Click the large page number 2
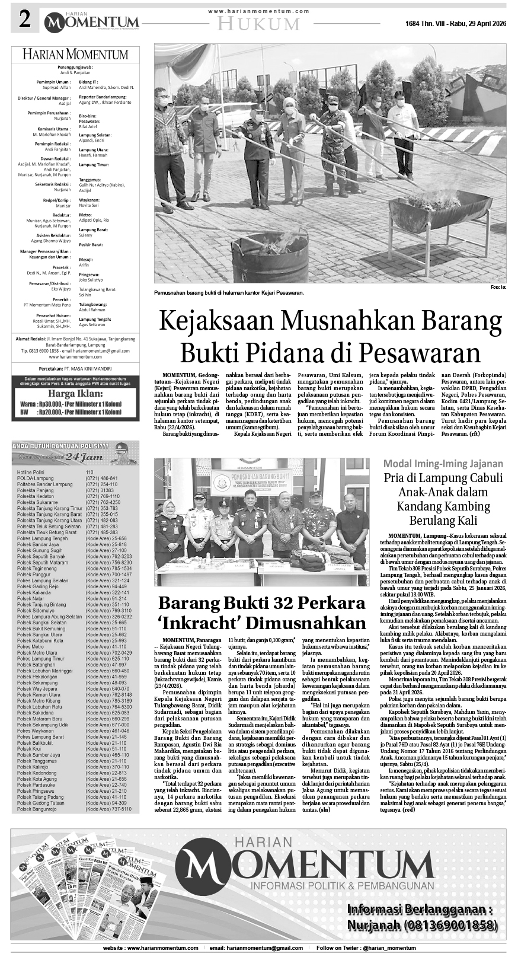pos(24,20)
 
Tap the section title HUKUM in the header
pos(258,24)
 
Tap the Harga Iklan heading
pos(75,393)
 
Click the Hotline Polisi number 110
pos(89,472)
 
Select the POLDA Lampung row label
pos(35,478)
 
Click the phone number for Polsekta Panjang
pos(99,490)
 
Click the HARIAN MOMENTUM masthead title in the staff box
pos(75,55)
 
